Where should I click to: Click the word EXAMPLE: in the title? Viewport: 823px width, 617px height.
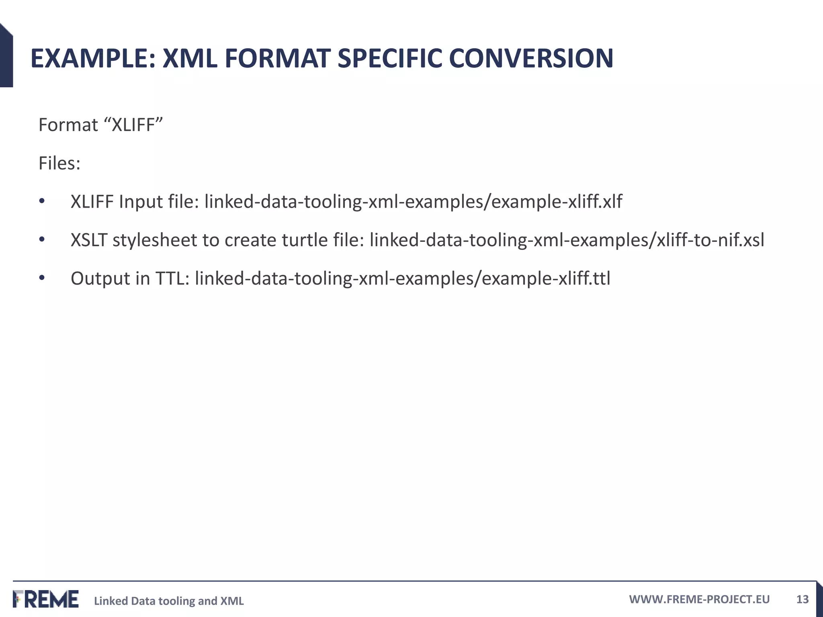(92, 59)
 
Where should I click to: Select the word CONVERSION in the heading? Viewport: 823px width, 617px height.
(531, 59)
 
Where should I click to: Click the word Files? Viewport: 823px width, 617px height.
(59, 163)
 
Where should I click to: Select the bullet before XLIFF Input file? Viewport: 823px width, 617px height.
(42, 201)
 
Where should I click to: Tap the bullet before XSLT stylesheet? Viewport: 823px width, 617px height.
(42, 240)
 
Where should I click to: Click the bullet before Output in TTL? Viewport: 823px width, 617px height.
(42, 278)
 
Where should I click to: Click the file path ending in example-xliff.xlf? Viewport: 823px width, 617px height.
(413, 202)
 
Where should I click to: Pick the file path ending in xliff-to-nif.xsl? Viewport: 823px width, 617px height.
(567, 240)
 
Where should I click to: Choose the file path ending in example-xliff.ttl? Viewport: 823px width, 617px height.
(402, 278)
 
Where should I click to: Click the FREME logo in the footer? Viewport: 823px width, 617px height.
(46, 599)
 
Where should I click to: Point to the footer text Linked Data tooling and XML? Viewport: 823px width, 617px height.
(169, 601)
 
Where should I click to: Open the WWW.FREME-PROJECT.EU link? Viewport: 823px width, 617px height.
(699, 599)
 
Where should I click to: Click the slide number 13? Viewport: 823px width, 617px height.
(802, 599)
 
